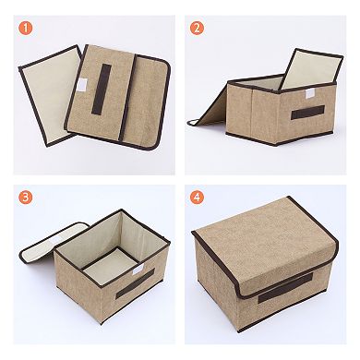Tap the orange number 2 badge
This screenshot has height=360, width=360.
197,28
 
